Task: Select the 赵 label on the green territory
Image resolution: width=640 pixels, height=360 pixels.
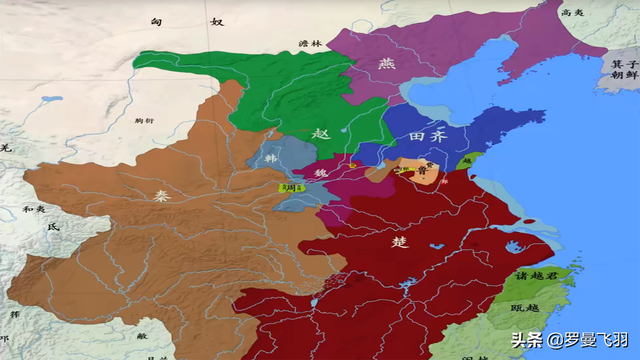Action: [318, 133]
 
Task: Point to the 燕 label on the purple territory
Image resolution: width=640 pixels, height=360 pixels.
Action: [385, 64]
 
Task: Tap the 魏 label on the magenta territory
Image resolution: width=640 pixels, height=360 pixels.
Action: [322, 174]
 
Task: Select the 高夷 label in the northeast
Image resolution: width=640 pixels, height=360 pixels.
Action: [572, 13]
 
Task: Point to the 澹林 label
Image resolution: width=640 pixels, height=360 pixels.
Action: [310, 44]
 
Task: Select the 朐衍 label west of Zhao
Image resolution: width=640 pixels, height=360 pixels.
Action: [144, 120]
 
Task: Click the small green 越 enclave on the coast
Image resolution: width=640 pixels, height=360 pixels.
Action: [465, 159]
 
